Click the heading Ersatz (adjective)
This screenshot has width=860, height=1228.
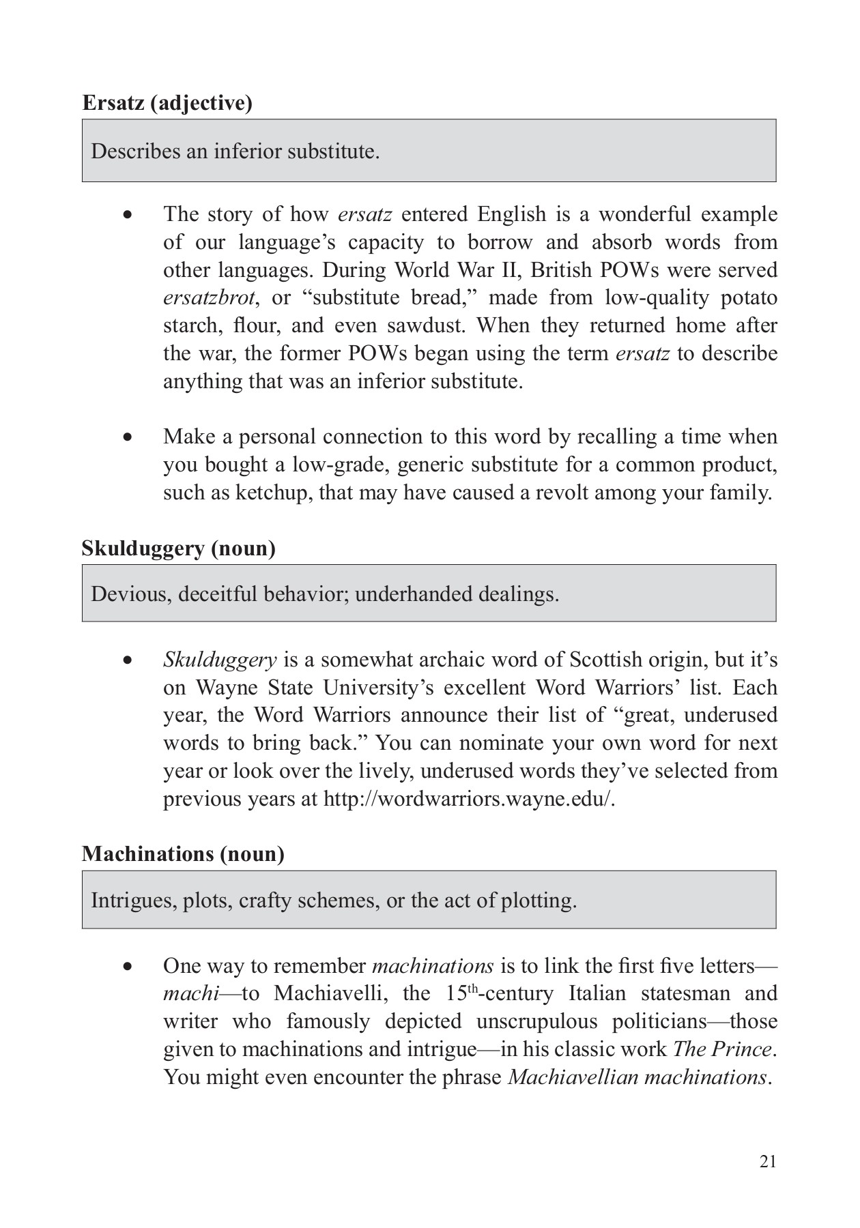(167, 103)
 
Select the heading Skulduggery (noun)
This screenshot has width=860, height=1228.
(178, 549)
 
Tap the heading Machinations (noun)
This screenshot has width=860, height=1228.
(183, 854)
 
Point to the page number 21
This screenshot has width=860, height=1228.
(768, 1162)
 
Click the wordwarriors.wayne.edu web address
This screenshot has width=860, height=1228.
(469, 799)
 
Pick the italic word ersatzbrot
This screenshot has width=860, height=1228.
(208, 298)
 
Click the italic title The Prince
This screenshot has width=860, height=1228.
(723, 1049)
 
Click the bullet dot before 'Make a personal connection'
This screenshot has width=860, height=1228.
(127, 437)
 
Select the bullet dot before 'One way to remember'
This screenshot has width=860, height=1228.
(127, 967)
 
